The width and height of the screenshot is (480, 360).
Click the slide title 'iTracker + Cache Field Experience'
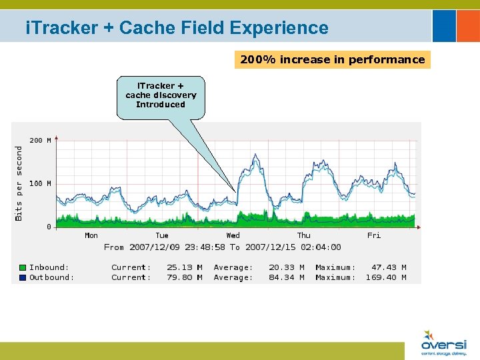[177, 28]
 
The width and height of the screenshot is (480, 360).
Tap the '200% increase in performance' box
[332, 60]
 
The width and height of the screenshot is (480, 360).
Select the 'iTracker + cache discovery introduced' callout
[161, 95]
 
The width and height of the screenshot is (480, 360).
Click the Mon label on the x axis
[91, 235]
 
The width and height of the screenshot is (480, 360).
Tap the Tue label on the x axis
[162, 235]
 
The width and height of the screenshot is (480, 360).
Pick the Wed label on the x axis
[233, 235]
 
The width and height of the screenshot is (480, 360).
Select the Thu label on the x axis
[303, 235]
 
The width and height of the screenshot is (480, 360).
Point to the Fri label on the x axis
[374, 235]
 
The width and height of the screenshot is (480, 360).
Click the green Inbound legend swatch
[23, 267]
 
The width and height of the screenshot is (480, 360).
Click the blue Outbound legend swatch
[23, 277]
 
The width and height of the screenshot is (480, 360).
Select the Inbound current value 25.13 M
[185, 267]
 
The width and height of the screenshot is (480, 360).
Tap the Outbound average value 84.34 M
[286, 277]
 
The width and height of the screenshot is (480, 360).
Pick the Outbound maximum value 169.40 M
[386, 277]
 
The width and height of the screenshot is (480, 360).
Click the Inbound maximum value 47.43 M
[389, 267]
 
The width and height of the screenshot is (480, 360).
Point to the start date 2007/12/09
[155, 247]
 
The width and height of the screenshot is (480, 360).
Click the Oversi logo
[443, 341]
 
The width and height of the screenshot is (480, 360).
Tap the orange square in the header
[467, 25]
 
